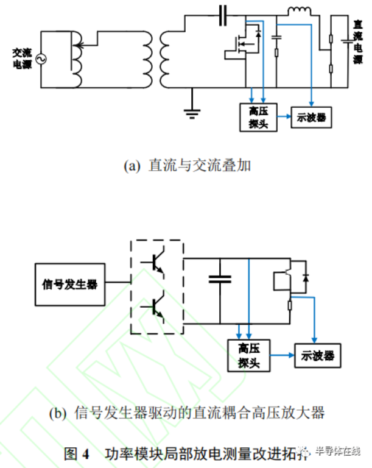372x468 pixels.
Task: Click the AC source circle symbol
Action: pyautogui.click(x=42, y=59)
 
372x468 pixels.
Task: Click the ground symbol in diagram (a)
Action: pyautogui.click(x=192, y=110)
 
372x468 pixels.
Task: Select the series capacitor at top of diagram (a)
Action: pyautogui.click(x=222, y=13)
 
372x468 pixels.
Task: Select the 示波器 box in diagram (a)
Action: pyautogui.click(x=312, y=117)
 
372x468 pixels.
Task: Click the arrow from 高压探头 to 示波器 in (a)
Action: pyautogui.click(x=284, y=117)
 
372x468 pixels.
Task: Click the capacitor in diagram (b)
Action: pyautogui.click(x=220, y=280)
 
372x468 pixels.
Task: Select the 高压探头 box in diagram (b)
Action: pyautogui.click(x=249, y=355)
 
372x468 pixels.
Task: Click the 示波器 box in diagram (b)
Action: pyautogui.click(x=317, y=355)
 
